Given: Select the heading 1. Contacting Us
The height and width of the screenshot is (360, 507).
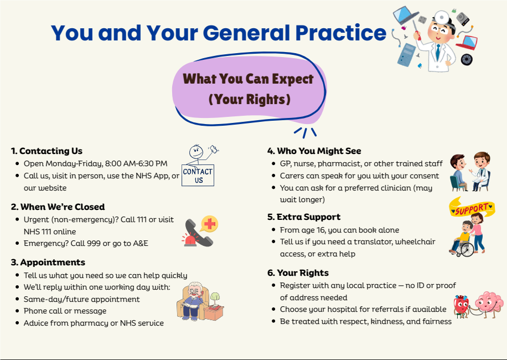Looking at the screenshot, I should pyautogui.click(x=46, y=151).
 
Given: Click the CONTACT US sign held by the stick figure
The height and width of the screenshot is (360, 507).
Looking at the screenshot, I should pyautogui.click(x=198, y=176).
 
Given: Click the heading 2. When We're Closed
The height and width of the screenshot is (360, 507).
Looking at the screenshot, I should pyautogui.click(x=58, y=207).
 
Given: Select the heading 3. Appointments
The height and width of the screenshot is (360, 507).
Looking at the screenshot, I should pyautogui.click(x=48, y=262).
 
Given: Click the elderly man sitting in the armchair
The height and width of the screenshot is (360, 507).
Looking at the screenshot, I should pyautogui.click(x=194, y=300).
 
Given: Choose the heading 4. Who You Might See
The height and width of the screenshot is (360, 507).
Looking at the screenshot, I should pyautogui.click(x=314, y=151).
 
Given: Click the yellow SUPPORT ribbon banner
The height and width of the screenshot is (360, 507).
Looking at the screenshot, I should pyautogui.click(x=472, y=209).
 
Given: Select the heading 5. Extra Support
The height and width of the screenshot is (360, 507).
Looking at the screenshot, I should pyautogui.click(x=304, y=217).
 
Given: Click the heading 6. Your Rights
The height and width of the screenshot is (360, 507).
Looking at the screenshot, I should pyautogui.click(x=298, y=272).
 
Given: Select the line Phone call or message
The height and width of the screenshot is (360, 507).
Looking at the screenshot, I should pyautogui.click(x=65, y=311).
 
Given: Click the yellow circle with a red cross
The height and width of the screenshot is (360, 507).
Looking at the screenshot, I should pyautogui.click(x=209, y=224).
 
